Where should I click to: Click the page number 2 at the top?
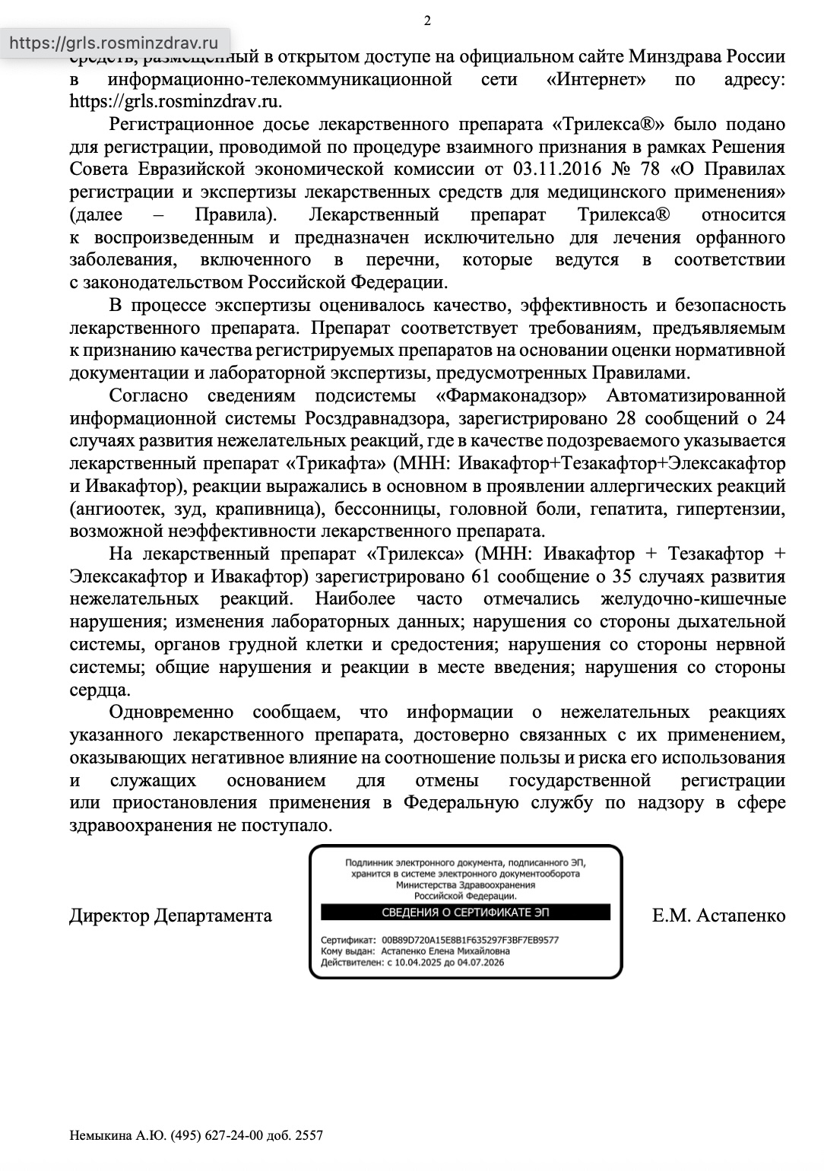(x=426, y=21)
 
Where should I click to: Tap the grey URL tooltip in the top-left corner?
(x=113, y=43)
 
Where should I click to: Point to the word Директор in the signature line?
(x=109, y=915)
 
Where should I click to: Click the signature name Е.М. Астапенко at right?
(x=718, y=915)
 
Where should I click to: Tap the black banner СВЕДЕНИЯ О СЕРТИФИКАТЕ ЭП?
(x=465, y=912)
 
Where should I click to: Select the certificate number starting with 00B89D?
(x=471, y=939)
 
